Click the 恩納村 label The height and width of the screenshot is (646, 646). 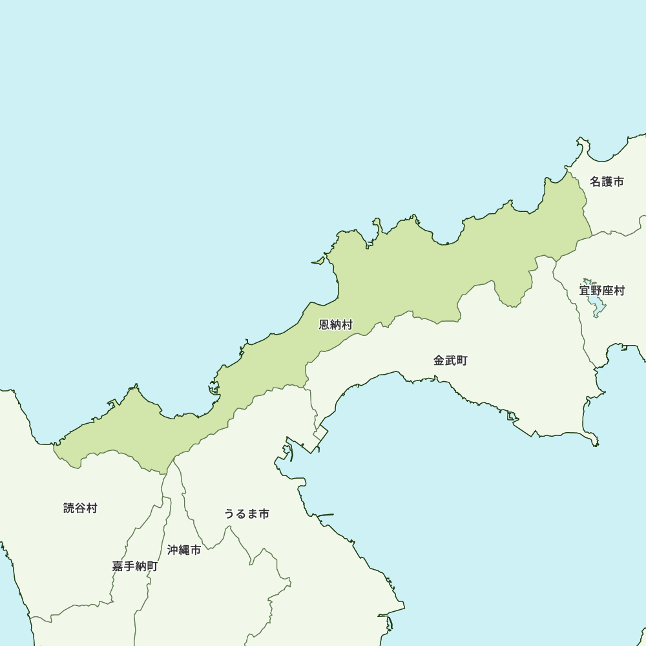click(336, 324)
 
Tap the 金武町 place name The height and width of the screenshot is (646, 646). click(450, 360)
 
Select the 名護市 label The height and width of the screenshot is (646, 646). click(607, 182)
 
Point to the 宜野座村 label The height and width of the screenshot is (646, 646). click(602, 291)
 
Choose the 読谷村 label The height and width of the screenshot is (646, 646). click(80, 508)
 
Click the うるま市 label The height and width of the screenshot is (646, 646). click(247, 514)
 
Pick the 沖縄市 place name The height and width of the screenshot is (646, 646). click(184, 550)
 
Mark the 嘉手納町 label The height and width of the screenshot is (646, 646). click(134, 567)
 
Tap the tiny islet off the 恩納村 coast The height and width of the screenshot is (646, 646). click(317, 262)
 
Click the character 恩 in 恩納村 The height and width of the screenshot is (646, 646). click(325, 324)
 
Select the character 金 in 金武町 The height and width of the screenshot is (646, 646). click(439, 360)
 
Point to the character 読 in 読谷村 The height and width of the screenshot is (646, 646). click(69, 508)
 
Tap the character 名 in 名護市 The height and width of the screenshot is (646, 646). click(596, 182)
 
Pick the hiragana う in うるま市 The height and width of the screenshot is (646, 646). click(230, 514)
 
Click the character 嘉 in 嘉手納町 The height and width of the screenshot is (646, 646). click(118, 567)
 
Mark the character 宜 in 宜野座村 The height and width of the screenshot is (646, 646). click(585, 291)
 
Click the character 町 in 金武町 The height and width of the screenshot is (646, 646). click(462, 360)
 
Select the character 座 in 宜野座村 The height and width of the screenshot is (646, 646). click(608, 291)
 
